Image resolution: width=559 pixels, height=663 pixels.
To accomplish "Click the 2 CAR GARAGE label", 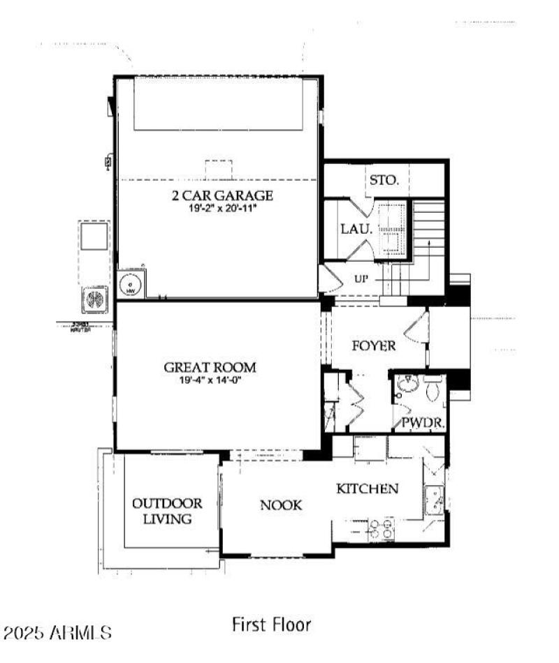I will [x=222, y=195].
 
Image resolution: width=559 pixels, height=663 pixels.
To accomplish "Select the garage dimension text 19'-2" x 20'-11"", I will [x=222, y=208].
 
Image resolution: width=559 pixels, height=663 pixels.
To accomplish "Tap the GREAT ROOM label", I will [x=210, y=367].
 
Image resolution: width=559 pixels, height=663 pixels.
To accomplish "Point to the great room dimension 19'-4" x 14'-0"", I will [x=210, y=380].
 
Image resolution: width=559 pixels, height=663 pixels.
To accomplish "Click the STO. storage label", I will [x=384, y=180].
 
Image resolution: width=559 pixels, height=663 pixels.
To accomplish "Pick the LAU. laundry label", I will [x=354, y=229].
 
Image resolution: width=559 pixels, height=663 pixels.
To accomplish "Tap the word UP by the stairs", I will [x=361, y=278].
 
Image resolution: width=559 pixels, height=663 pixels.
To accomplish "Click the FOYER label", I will [x=374, y=345].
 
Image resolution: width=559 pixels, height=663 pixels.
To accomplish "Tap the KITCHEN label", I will [x=368, y=489].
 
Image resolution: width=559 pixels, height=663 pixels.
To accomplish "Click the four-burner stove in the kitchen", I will [x=379, y=528].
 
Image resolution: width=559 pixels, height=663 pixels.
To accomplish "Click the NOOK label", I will [x=282, y=505].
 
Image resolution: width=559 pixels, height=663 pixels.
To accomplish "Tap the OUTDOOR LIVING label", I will [x=168, y=511].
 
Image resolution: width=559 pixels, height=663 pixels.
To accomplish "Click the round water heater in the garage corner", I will [x=129, y=284].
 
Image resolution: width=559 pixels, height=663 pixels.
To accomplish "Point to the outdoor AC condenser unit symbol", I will [x=95, y=299].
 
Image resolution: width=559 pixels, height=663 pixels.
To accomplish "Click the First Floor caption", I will [x=271, y=624].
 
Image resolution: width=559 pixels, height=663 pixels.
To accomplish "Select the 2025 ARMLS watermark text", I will [x=57, y=633].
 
